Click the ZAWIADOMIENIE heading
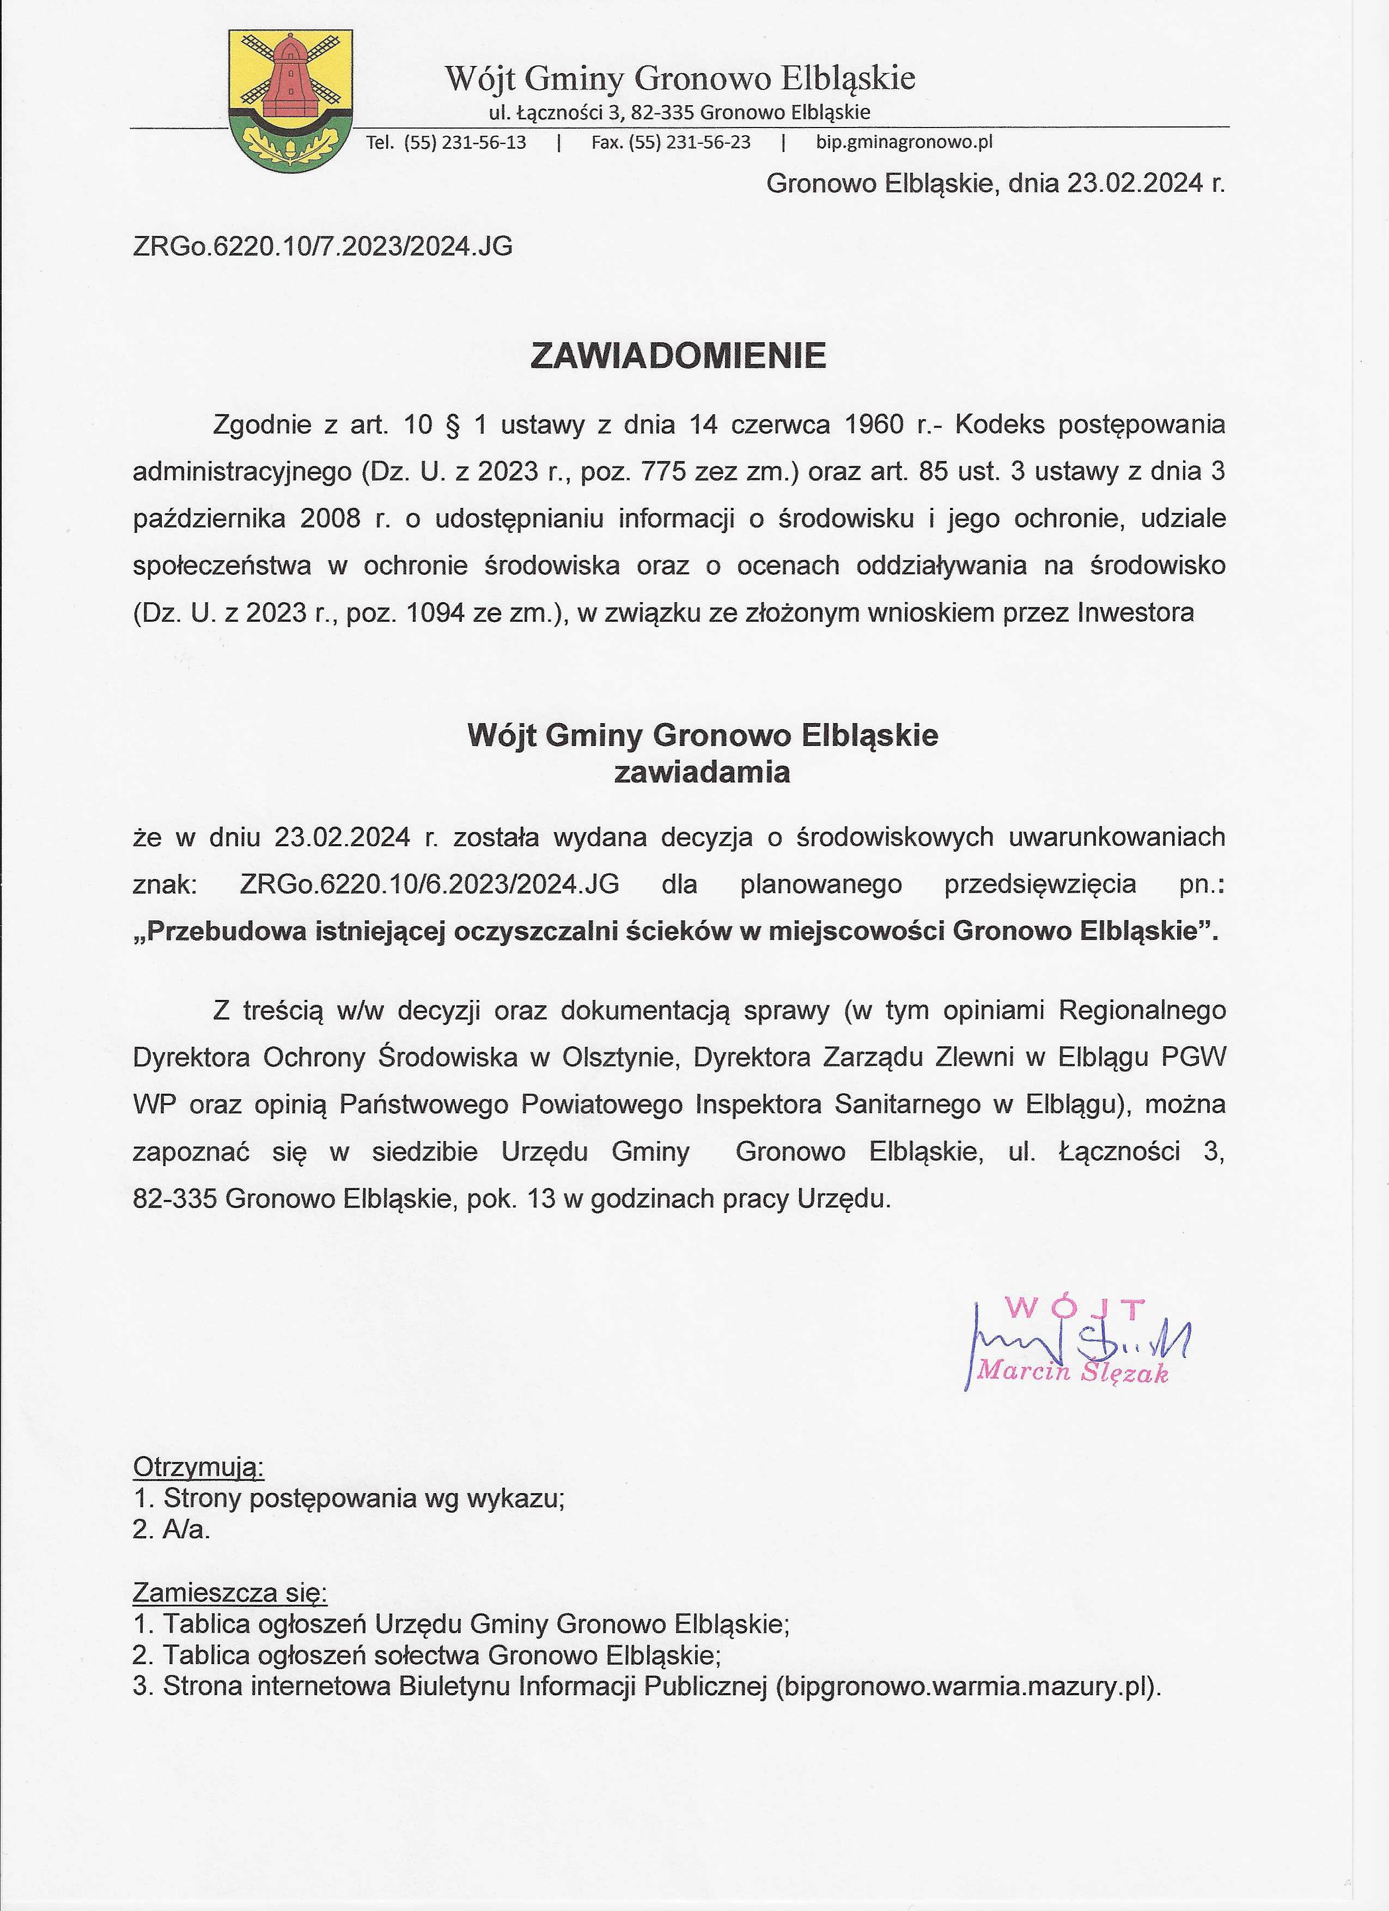pyautogui.click(x=678, y=356)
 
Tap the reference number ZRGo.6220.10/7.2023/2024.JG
pyautogui.click(x=322, y=246)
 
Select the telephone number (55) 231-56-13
pyautogui.click(x=465, y=142)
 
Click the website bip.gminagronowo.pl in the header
pyautogui.click(x=904, y=142)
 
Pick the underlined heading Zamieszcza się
pyautogui.click(x=230, y=1593)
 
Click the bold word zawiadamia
pyautogui.click(x=702, y=773)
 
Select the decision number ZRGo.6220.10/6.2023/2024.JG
pyautogui.click(x=430, y=884)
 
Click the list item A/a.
pyautogui.click(x=186, y=1530)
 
